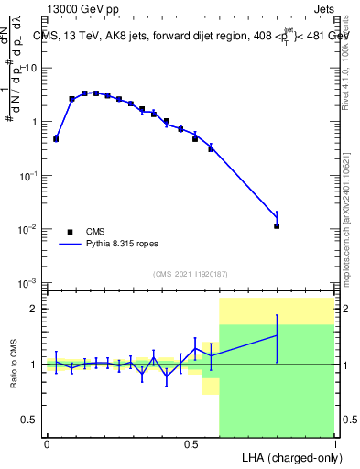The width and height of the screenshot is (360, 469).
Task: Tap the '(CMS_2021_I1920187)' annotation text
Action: [190, 274]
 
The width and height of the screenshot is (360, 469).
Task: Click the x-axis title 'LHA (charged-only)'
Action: [286, 456]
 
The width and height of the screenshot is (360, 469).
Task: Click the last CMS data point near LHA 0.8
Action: [277, 225]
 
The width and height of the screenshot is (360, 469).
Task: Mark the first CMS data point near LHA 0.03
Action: [56, 139]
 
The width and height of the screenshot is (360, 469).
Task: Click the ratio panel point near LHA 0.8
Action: [277, 336]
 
